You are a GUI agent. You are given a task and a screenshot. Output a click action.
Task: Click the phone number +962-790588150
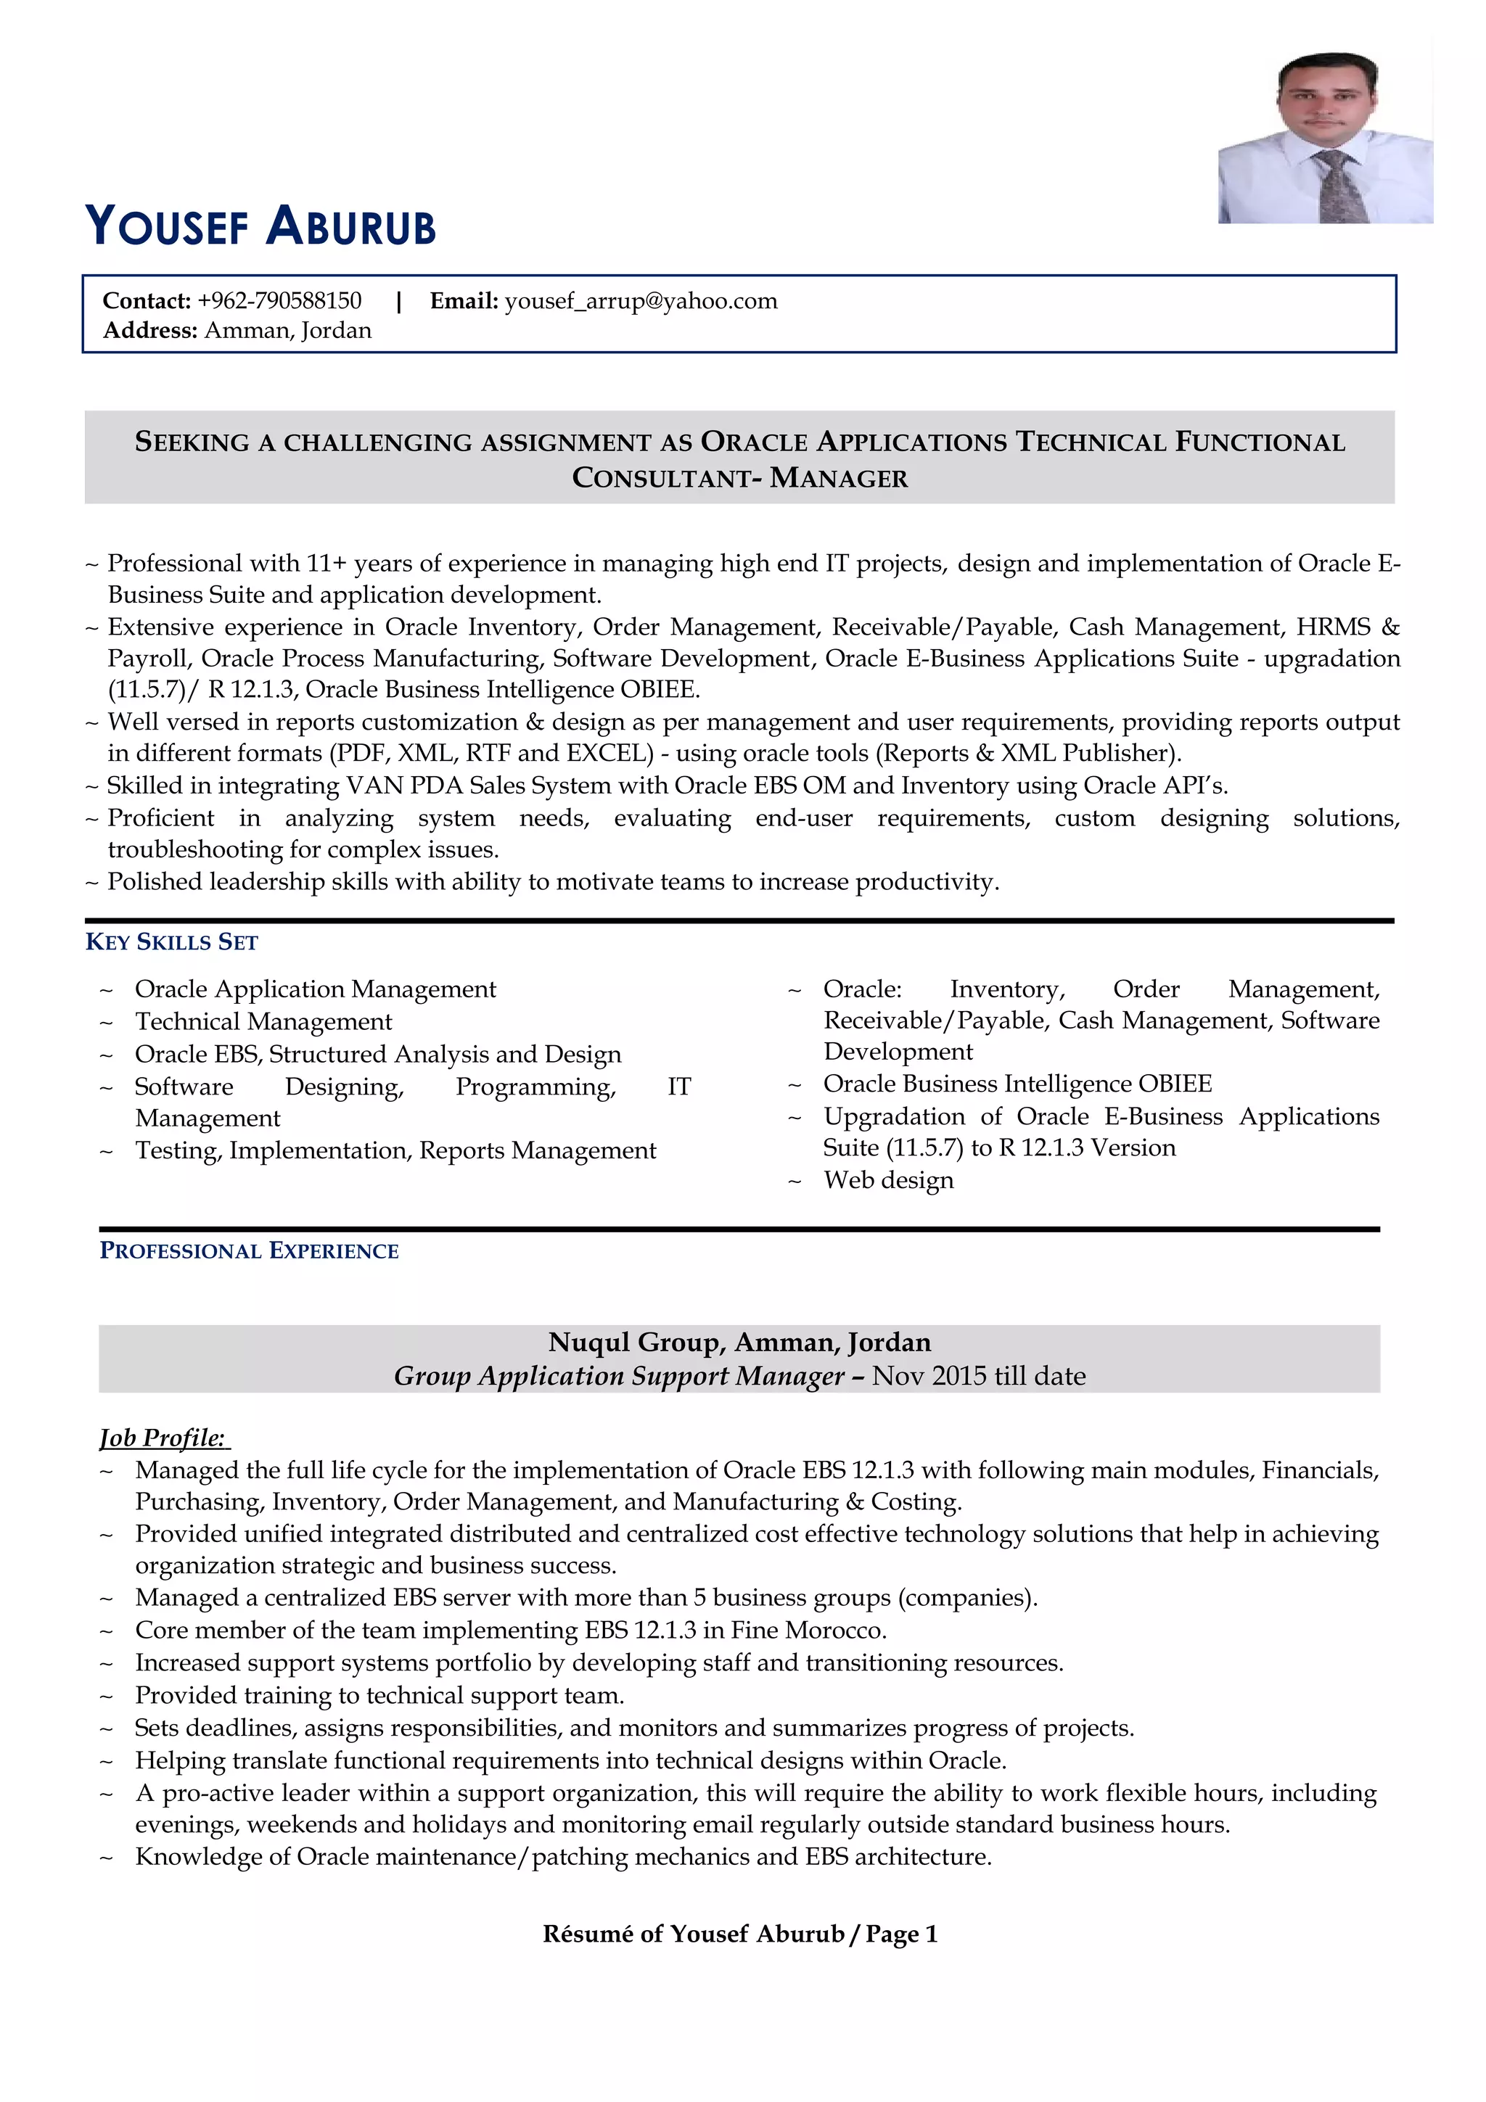[279, 301]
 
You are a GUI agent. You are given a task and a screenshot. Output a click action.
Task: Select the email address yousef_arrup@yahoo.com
[640, 301]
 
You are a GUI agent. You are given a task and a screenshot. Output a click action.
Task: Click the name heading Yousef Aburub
[261, 226]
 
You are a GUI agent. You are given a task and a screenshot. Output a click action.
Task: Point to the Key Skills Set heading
[171, 942]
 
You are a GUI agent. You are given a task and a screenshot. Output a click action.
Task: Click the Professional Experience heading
[249, 1250]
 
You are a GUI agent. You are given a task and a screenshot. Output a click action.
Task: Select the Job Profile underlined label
[163, 1438]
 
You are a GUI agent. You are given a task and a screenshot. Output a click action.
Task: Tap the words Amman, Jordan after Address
[287, 331]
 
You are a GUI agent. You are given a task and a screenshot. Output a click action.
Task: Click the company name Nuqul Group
[636, 1342]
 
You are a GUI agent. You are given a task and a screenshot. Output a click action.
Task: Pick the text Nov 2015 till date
[978, 1376]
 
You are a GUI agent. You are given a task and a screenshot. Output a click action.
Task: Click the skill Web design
[888, 1180]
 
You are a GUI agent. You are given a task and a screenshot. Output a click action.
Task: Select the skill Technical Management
[263, 1022]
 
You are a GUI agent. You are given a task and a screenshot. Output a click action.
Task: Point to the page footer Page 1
[901, 1934]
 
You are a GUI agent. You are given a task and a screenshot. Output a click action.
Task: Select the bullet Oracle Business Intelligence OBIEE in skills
[1017, 1084]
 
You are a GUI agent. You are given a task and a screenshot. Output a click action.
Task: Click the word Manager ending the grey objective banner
[839, 478]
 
